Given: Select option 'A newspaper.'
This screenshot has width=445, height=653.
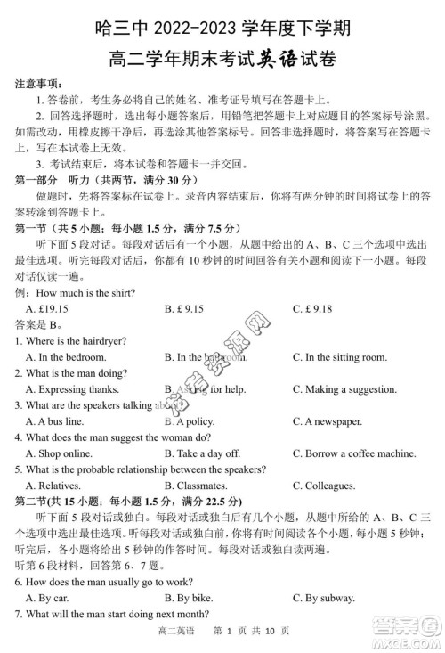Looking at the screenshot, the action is click(x=333, y=421).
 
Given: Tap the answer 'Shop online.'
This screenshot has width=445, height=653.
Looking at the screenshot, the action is click(x=61, y=453).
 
